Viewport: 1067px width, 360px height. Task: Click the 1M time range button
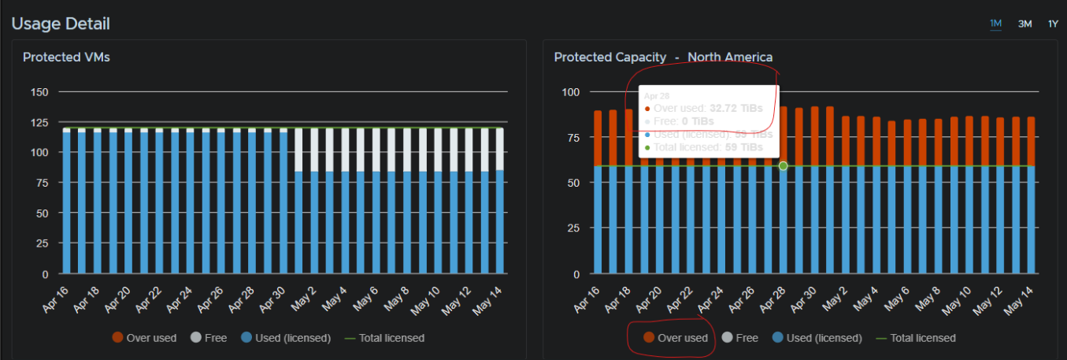995,24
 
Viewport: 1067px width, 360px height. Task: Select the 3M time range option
1024,24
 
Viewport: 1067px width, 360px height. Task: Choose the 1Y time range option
1053,24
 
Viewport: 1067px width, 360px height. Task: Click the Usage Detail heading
61,24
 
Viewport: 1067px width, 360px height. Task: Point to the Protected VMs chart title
66,58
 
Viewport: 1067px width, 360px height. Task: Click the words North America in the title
730,58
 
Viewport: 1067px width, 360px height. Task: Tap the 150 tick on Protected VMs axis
39,92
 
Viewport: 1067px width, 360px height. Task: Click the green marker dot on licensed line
783,165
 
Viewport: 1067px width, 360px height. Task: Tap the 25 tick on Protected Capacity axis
572,228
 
